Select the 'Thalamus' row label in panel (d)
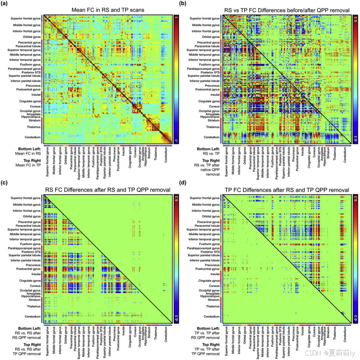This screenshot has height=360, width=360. pyautogui.click(x=215, y=306)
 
